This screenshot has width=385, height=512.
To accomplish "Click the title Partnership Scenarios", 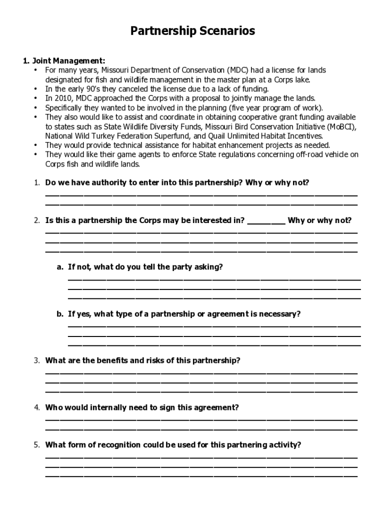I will (x=192, y=31).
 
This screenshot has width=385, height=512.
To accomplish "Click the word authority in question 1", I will (x=100, y=182).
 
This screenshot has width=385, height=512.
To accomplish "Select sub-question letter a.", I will (x=59, y=267).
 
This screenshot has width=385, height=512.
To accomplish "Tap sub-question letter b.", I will (x=59, y=314).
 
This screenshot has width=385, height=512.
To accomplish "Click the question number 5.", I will (x=37, y=445).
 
